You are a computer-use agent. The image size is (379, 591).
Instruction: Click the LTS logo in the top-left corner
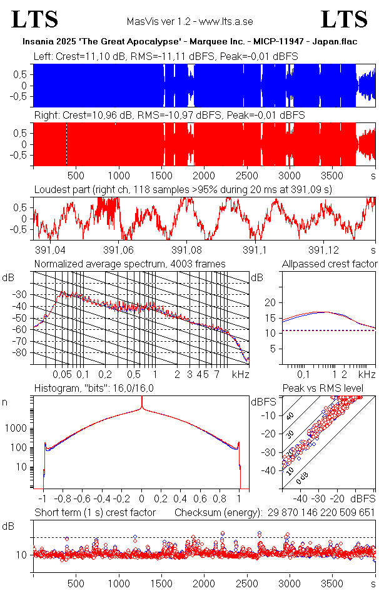pos(35,20)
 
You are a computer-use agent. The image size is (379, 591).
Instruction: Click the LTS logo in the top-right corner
pos(345,20)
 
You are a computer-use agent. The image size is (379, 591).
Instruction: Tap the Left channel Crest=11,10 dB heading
pos(166,57)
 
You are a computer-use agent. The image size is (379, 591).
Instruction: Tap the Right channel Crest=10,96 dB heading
pos(169,116)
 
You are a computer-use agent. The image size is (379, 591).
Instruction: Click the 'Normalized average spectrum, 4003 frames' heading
pos(130,264)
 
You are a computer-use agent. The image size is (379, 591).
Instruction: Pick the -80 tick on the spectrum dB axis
pos(24,353)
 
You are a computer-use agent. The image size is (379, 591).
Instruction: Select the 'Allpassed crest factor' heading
pos(330,264)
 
